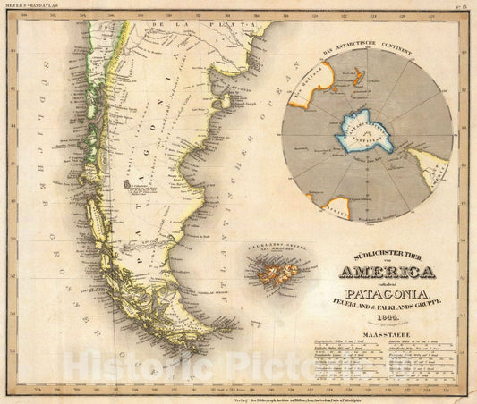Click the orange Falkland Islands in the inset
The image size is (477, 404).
268,265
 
